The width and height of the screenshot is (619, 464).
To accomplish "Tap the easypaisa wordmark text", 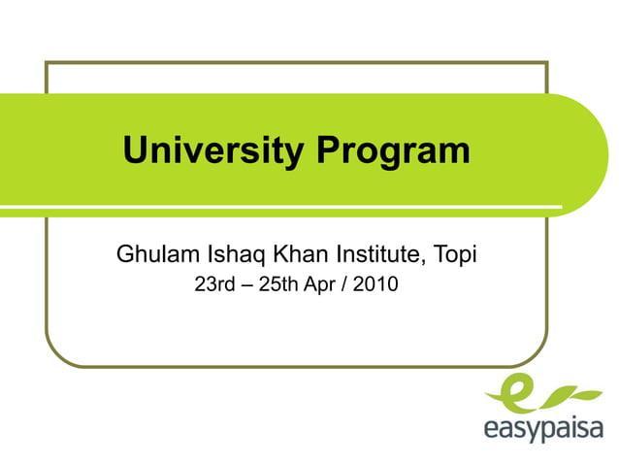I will click(543, 428).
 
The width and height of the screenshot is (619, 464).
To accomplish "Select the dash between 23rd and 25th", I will click(246, 286).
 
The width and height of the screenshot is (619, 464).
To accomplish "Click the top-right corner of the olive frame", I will click(547, 63).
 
